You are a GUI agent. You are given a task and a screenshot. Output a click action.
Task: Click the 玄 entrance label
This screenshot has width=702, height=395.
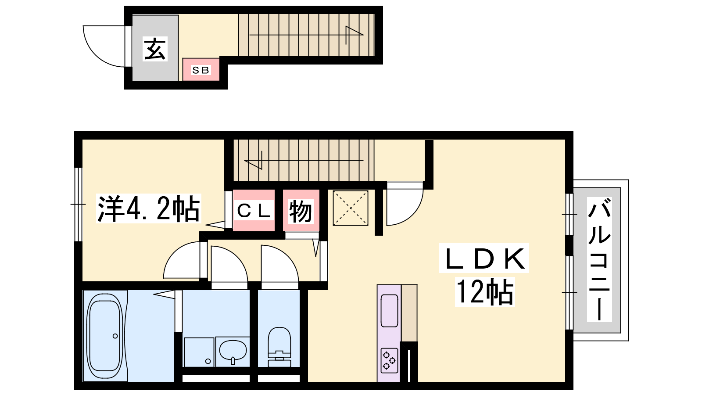tap(155, 49)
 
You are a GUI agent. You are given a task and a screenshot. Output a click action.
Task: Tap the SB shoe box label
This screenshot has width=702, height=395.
tap(201, 70)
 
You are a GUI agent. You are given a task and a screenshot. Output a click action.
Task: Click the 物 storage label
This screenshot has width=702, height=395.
tap(301, 211)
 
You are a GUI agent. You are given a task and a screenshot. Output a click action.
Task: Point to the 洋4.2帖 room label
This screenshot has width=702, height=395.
tap(149, 208)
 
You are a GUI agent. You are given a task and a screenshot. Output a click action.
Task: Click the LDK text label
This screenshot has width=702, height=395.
tap(484, 259)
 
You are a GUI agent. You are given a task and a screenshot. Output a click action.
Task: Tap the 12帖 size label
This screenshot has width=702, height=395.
tap(485, 292)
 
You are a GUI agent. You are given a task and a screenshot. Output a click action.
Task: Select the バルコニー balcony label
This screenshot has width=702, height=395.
tap(599, 259)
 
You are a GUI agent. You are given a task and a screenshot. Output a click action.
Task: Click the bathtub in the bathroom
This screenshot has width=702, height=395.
tap(105, 336)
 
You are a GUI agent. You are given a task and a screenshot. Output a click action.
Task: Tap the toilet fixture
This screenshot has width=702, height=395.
tap(279, 347)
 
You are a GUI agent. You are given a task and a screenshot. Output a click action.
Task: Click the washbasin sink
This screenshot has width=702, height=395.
tap(233, 352)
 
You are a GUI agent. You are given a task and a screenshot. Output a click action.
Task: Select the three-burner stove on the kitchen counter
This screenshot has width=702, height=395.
tap(389, 361)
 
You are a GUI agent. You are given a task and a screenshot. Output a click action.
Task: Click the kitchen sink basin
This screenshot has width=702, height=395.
tap(389, 311)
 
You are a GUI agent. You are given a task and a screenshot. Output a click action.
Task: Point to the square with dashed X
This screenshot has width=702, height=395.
tap(351, 208)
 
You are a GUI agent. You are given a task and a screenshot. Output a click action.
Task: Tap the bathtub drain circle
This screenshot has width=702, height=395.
tap(115, 336)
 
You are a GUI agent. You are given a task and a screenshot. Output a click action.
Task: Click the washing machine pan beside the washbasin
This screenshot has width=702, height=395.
tap(199, 352)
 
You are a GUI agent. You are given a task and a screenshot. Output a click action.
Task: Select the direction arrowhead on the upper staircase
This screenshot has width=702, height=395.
tap(354, 31)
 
